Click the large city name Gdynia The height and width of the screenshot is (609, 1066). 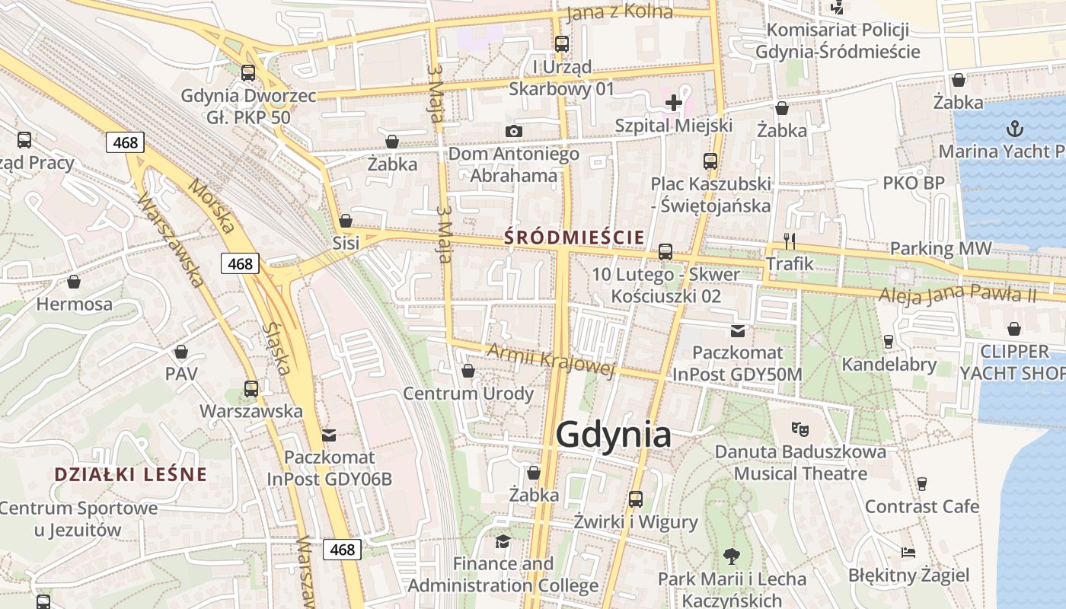point(613,435)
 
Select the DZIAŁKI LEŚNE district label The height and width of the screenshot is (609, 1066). point(130,475)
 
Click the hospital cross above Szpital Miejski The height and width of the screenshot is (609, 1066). point(674,103)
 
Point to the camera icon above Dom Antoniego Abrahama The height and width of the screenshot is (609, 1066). point(514,131)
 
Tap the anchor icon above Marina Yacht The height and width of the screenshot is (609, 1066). point(1015,128)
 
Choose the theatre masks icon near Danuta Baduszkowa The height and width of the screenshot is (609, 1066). point(799,429)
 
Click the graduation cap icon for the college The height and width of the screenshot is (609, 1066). point(503,541)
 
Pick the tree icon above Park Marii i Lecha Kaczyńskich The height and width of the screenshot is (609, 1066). point(732,556)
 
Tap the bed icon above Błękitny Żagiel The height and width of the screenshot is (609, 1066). point(908,552)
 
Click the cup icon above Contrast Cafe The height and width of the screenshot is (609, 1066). point(922,483)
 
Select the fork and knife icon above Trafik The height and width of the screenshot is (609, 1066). point(790,241)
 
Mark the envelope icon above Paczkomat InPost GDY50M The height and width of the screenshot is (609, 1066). point(737,330)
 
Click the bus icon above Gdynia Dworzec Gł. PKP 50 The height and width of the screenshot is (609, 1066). point(248,73)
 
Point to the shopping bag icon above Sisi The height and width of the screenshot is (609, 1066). point(346,221)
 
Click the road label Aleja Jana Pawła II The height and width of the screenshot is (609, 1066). point(957,294)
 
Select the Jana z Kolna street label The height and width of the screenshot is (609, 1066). point(620,12)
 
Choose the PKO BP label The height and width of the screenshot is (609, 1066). point(914,183)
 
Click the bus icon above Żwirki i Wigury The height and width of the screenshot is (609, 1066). point(636,499)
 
